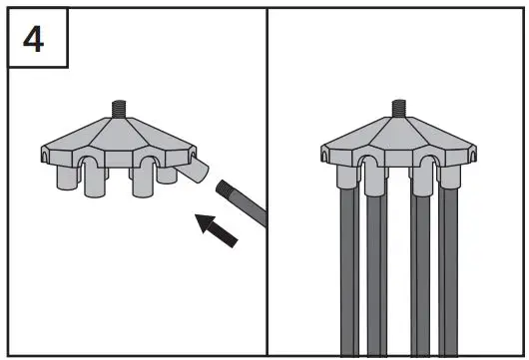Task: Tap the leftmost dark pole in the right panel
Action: tap(349, 269)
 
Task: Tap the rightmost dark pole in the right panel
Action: tap(448, 269)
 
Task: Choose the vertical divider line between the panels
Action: tap(266, 199)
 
